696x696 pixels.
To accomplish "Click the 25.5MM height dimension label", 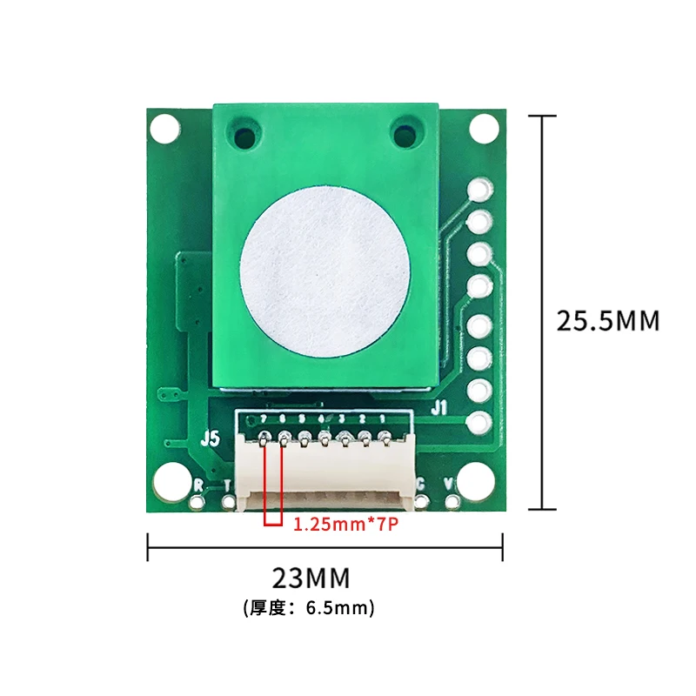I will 608,320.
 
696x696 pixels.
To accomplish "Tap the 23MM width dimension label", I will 311,577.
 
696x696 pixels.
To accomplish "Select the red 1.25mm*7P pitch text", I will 345,525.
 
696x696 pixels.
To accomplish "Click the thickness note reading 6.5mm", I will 310,607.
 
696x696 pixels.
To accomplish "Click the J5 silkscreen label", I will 210,438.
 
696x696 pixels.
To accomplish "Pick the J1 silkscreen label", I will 439,406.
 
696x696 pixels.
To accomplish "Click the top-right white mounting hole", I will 484,129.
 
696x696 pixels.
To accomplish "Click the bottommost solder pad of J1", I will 478,423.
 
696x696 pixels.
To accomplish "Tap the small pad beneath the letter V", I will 452,502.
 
